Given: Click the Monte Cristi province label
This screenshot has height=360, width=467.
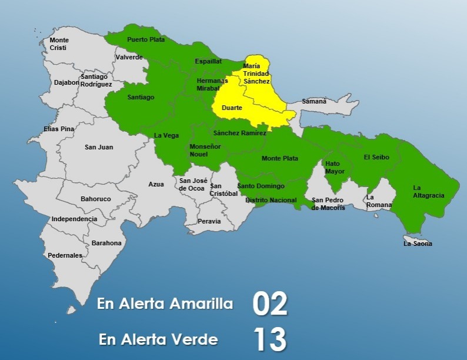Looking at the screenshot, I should (x=59, y=44).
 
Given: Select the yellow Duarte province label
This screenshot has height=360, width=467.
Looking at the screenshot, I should (x=232, y=108).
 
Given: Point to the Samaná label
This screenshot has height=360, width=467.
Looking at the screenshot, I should (x=314, y=101).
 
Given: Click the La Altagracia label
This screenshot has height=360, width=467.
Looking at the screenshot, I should (x=428, y=192).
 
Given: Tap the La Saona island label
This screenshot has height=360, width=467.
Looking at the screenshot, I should (x=418, y=244).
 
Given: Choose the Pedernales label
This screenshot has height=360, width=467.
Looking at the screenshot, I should (x=65, y=255).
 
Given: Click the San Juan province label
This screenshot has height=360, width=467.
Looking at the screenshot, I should (x=99, y=147).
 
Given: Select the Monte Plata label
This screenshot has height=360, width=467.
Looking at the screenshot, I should (x=279, y=158).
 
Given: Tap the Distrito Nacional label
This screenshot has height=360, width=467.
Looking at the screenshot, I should (x=271, y=200).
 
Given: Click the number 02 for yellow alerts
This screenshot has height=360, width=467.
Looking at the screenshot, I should (x=270, y=304).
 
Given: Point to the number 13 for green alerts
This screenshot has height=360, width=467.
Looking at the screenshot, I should (x=270, y=339).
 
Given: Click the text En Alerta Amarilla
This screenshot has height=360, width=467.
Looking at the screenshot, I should (x=165, y=304).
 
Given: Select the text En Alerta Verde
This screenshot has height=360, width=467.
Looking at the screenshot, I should (x=158, y=339).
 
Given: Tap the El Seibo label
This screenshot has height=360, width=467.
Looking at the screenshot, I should (x=376, y=157).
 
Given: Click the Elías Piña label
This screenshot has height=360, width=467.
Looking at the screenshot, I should (x=59, y=129).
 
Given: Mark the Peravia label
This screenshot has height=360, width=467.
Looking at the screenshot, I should (x=209, y=221).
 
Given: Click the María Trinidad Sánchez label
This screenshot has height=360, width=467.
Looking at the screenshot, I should (x=256, y=74).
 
